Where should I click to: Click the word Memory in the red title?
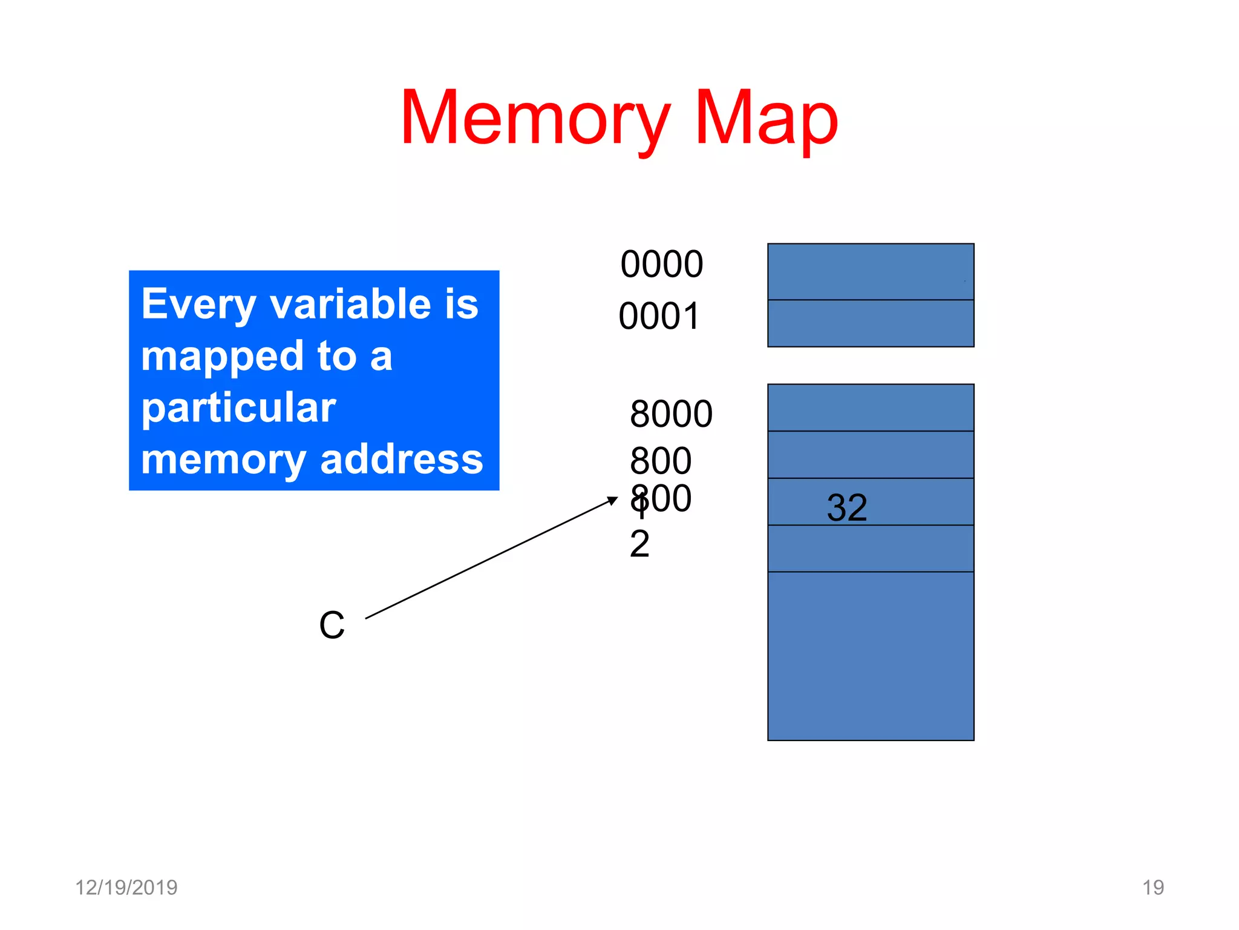(x=535, y=118)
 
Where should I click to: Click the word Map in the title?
(x=766, y=118)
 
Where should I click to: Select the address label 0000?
(x=661, y=265)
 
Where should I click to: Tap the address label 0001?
(x=659, y=317)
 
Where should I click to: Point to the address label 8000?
(x=671, y=414)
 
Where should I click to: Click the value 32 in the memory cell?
(x=846, y=507)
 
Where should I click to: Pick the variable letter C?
(x=332, y=625)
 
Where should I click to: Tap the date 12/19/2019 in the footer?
(x=126, y=888)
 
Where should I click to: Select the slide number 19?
(x=1152, y=888)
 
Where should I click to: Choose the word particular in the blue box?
(x=238, y=409)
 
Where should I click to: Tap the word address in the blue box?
(x=402, y=460)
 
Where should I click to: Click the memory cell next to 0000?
(x=870, y=272)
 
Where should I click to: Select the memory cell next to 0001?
(x=870, y=323)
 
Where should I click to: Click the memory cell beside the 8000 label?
(x=870, y=407)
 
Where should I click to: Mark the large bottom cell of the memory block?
(x=870, y=656)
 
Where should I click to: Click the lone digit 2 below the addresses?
(x=639, y=544)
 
